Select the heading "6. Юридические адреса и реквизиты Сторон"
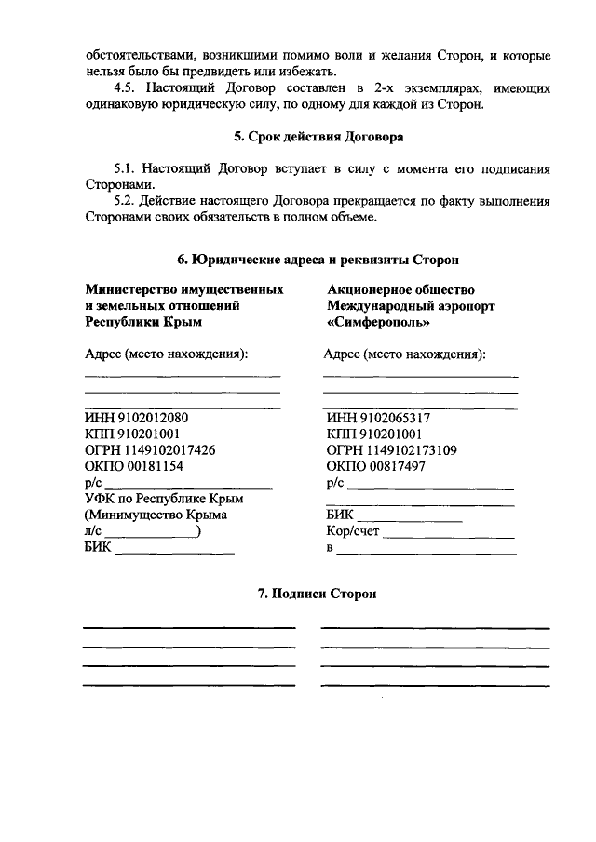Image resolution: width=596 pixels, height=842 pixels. click(x=318, y=259)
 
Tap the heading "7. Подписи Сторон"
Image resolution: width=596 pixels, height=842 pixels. click(x=318, y=593)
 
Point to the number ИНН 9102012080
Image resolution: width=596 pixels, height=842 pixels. click(x=136, y=418)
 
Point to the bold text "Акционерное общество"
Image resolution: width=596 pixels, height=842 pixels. click(x=400, y=289)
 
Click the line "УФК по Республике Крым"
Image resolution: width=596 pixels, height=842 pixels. click(x=156, y=500)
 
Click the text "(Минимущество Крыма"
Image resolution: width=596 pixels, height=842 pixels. click(x=156, y=515)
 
